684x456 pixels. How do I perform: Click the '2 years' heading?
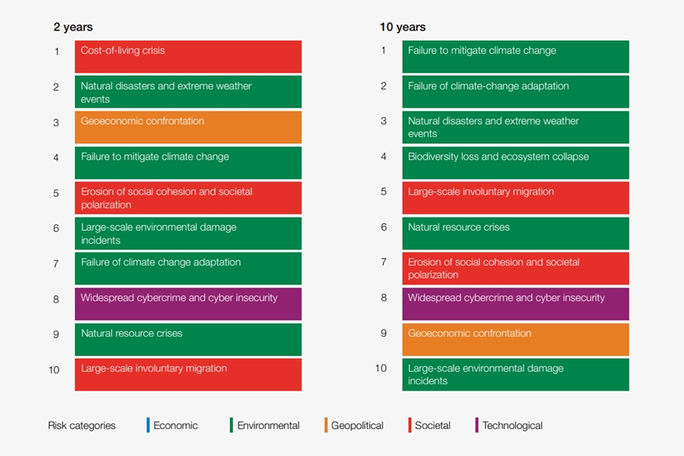[72, 27]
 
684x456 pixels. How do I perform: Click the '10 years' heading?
[402, 27]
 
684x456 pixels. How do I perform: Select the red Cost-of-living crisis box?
[188, 57]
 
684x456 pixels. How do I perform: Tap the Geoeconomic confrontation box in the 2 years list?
[188, 127]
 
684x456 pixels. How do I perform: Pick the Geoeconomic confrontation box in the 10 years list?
[515, 339]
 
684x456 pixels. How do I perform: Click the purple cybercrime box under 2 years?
[188, 304]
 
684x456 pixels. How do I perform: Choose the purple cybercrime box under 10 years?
[515, 304]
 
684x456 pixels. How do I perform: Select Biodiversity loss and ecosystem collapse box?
[515, 163]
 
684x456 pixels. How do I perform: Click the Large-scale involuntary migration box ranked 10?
[188, 374]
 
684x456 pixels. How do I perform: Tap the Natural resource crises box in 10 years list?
[515, 233]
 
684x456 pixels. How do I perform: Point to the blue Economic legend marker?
[148, 425]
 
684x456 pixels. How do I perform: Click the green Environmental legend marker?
[231, 425]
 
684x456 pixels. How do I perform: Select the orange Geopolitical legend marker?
[326, 425]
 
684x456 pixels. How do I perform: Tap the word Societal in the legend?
[432, 426]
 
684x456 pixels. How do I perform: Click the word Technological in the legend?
[512, 426]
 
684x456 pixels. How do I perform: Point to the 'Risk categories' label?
[82, 426]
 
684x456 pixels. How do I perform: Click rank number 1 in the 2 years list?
[56, 51]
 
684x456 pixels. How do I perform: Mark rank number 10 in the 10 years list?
[381, 369]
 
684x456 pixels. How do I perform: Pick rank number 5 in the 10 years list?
[383, 192]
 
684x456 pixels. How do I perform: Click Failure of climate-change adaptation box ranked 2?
[515, 92]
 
